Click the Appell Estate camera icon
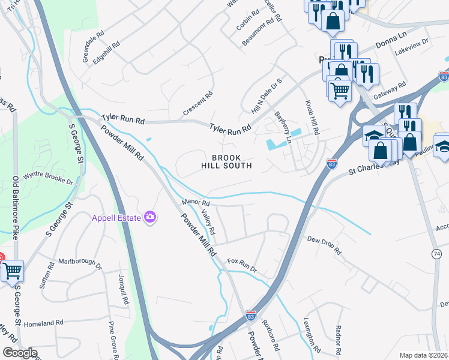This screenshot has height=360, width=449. (x=149, y=218)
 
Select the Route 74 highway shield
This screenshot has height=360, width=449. (x=436, y=254)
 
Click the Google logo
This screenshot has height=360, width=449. (x=20, y=353)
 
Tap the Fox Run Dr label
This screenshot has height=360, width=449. (x=242, y=265)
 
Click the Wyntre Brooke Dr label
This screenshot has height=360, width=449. (x=47, y=178)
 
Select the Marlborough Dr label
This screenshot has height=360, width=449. (x=80, y=264)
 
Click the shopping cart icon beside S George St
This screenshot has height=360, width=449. (x=12, y=271)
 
